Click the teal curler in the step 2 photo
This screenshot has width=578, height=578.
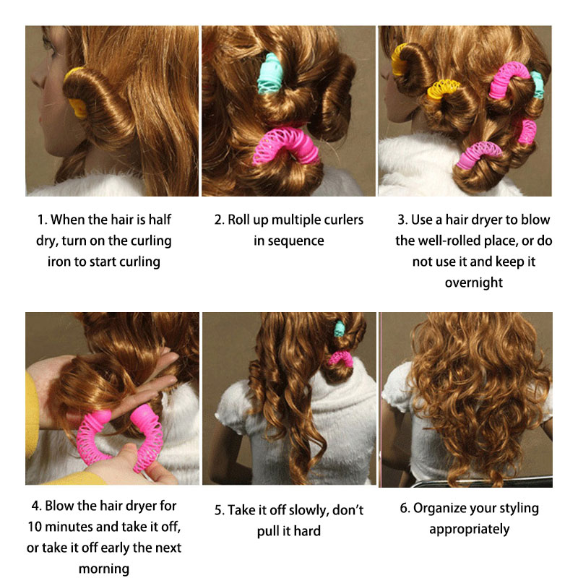[x=269, y=74]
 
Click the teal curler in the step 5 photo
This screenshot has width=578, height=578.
[x=339, y=329]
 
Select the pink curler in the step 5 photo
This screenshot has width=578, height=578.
[x=340, y=358]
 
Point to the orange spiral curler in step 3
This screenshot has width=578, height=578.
[x=444, y=88]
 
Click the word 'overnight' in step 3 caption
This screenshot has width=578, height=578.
[x=474, y=282]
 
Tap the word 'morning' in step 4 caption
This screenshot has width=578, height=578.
[x=104, y=569]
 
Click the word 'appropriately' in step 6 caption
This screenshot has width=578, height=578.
[x=469, y=530]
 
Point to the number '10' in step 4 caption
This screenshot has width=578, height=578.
[x=35, y=527]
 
